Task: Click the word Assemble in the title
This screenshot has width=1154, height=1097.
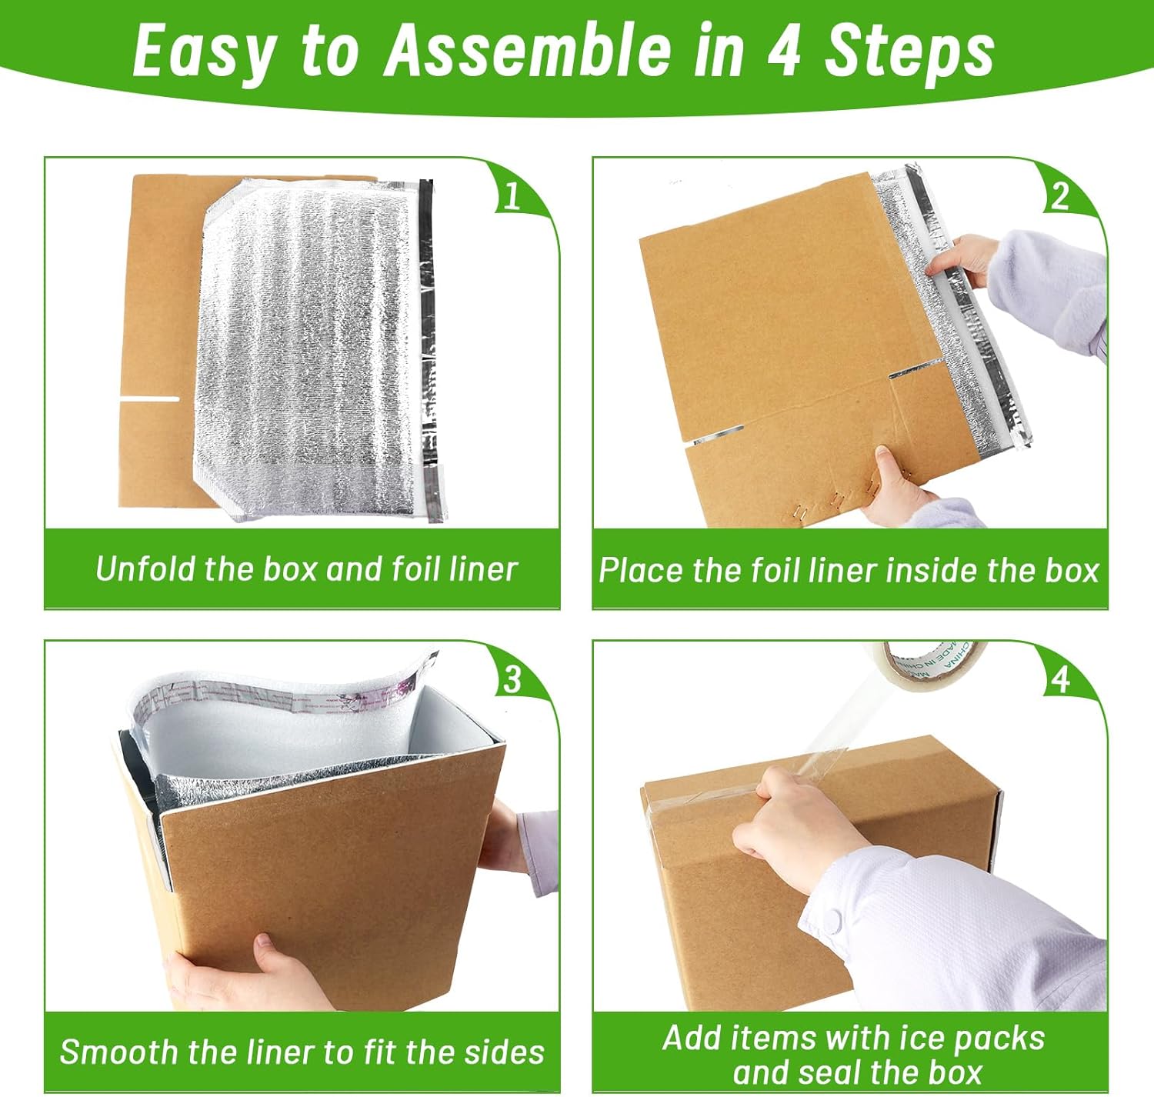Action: point(529,51)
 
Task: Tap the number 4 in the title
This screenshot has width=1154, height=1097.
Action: point(782,51)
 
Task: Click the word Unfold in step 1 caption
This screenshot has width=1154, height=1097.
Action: point(146,569)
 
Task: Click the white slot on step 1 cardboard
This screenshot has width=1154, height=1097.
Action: point(149,398)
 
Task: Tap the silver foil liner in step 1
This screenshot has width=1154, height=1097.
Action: point(308,346)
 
